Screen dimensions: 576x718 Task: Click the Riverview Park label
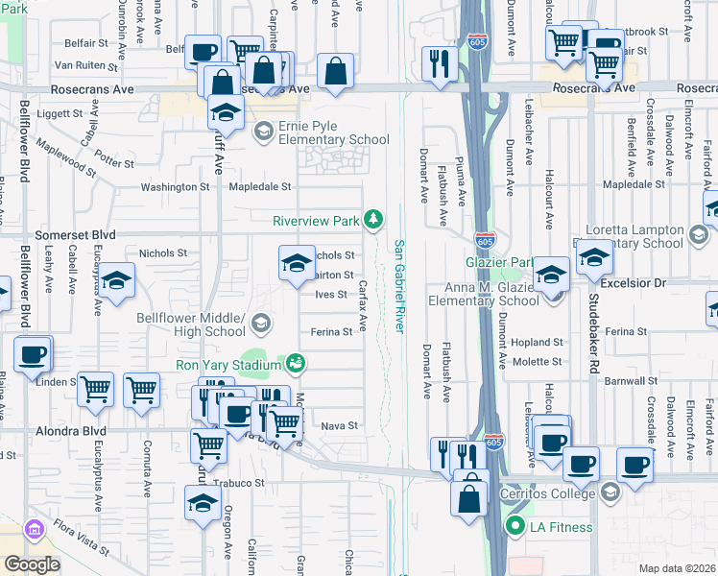[x=316, y=220]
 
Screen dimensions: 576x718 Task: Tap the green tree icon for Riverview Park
[x=373, y=220]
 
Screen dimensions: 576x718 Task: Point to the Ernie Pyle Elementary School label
[x=333, y=132]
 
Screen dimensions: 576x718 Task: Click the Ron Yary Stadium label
[x=227, y=365]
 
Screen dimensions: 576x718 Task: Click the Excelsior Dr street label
[x=633, y=284]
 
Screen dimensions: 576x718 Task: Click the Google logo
[x=32, y=564]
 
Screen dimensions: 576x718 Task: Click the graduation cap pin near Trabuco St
[x=203, y=503]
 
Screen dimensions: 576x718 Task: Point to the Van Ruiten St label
[x=85, y=66]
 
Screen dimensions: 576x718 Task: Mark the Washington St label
[x=175, y=187]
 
